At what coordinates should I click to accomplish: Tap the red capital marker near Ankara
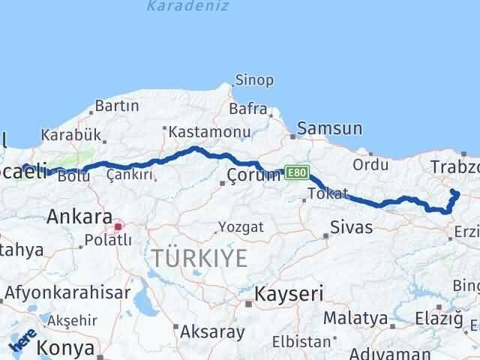117,224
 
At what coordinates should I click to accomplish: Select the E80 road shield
295,172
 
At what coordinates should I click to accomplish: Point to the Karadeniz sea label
178,7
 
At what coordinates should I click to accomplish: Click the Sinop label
254,80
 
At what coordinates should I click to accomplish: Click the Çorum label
253,176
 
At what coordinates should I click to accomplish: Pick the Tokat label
328,194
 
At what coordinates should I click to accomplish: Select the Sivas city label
351,226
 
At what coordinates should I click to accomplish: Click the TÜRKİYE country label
199,258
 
